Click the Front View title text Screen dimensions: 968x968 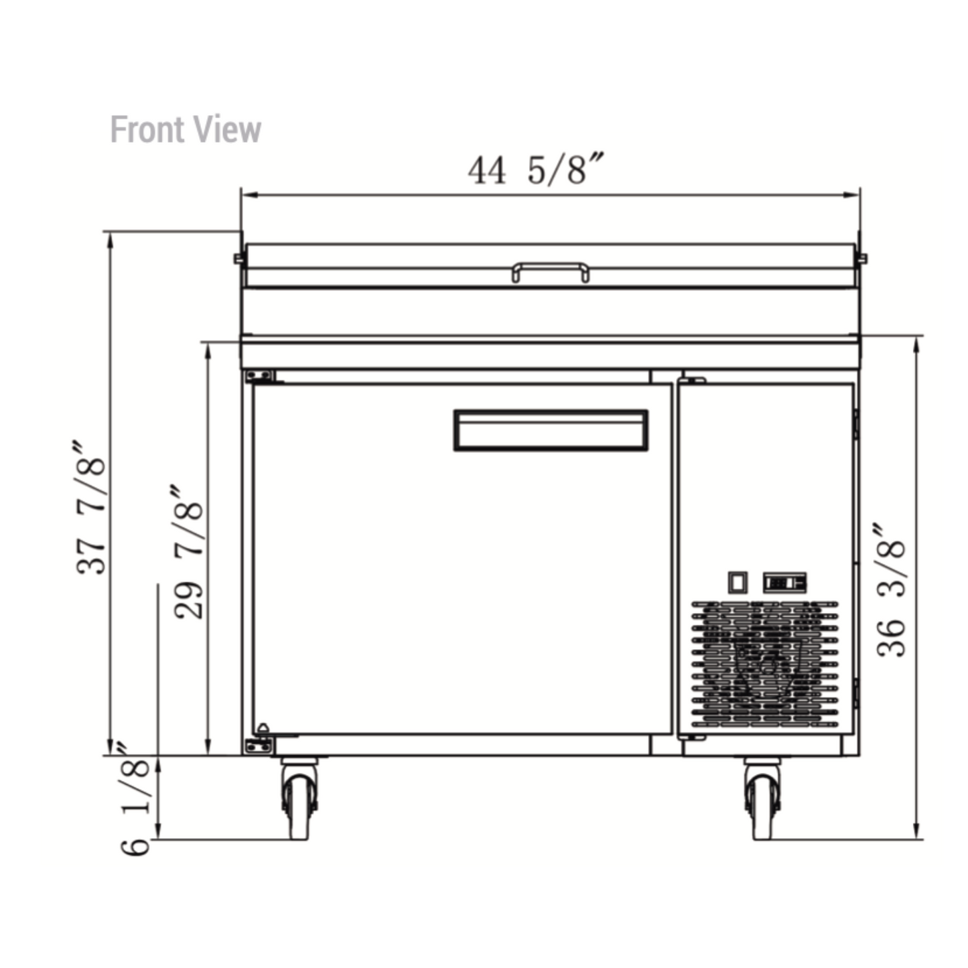tap(186, 129)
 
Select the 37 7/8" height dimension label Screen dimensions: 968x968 tap(91, 508)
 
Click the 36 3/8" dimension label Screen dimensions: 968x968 tap(890, 590)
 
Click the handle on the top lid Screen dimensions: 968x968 tap(551, 272)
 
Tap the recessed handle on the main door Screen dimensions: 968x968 tap(551, 431)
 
